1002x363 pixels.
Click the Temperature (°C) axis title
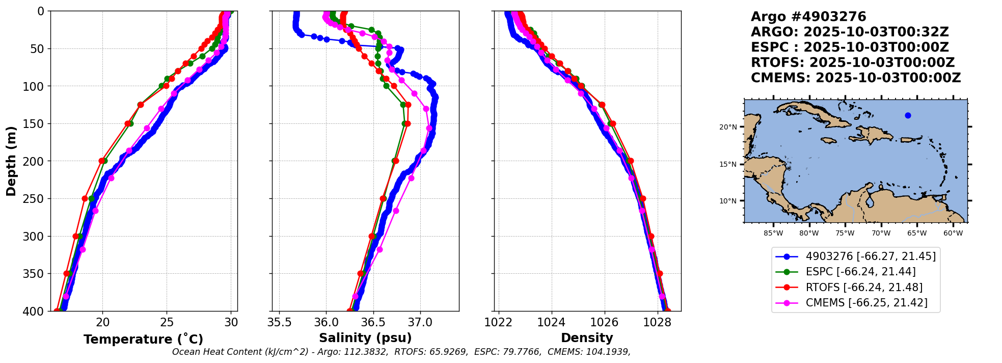[x=143, y=339]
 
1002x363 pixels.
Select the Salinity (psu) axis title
[x=365, y=338]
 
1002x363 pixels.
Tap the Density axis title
[x=587, y=338]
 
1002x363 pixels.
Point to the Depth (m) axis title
[x=11, y=161]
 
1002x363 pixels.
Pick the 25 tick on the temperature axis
[x=167, y=322]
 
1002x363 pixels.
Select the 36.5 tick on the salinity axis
[x=373, y=322]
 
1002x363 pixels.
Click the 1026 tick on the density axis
[x=604, y=322]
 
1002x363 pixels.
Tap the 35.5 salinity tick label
[x=279, y=322]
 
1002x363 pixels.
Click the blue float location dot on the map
[x=908, y=115]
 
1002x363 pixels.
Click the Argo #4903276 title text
[x=808, y=17]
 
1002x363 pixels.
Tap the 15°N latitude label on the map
[x=728, y=164]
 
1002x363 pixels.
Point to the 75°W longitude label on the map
[x=845, y=234]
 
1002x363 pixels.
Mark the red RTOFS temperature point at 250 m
[x=85, y=198]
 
